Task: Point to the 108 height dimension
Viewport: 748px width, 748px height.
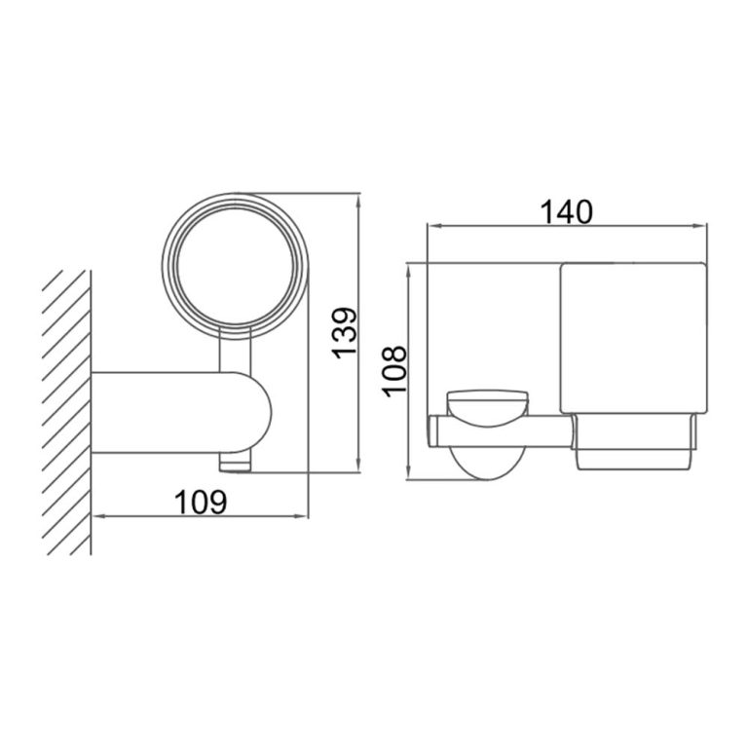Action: pos(394,370)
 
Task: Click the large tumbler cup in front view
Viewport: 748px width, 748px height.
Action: pos(631,337)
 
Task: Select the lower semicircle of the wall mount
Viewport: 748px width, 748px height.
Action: pos(485,465)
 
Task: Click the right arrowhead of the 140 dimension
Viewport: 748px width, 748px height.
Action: pos(702,227)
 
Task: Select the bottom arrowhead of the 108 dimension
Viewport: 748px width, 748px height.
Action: pos(409,475)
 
